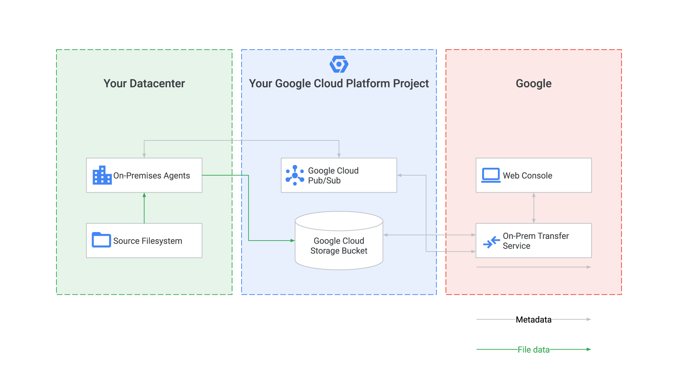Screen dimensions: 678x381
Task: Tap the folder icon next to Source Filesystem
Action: (x=101, y=240)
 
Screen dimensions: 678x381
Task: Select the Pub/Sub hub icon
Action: (x=295, y=175)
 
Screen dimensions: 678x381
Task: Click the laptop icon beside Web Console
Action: (x=491, y=175)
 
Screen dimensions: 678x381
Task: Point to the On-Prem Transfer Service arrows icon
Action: (x=492, y=242)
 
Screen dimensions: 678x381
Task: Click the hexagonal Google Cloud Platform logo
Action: (x=339, y=64)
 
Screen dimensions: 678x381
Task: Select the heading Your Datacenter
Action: (x=144, y=83)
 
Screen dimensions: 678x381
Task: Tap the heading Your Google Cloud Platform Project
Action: (x=339, y=84)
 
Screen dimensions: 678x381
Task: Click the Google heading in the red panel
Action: (x=534, y=84)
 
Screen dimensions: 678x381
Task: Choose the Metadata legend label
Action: (x=534, y=320)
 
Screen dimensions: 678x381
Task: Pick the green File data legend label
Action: (x=534, y=350)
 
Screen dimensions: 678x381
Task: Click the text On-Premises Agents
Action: (x=152, y=176)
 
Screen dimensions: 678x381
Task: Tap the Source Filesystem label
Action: (x=148, y=241)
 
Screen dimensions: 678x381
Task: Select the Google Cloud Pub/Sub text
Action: (x=333, y=176)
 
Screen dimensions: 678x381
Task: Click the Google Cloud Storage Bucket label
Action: (x=339, y=246)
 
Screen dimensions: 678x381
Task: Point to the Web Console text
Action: (x=527, y=176)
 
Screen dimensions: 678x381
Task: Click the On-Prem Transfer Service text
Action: (x=536, y=241)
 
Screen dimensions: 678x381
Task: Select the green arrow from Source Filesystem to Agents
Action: (x=144, y=208)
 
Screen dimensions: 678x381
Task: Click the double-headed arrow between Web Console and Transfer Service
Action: (x=534, y=208)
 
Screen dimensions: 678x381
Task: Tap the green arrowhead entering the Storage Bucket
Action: (x=293, y=241)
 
